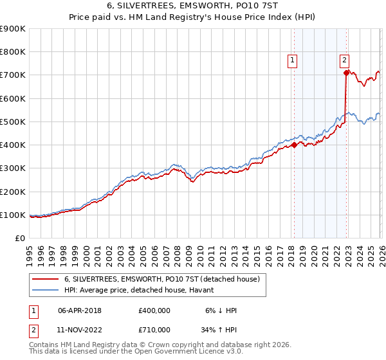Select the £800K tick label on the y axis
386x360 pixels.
13,52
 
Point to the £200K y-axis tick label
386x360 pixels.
13,192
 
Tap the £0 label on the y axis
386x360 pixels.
19,238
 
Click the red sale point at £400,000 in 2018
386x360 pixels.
294,145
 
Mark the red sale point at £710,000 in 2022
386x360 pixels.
346,73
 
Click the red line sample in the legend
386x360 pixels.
46,279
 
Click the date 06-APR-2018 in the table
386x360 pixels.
80,310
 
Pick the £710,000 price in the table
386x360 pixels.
154,332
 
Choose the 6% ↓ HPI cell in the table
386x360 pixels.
219,310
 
